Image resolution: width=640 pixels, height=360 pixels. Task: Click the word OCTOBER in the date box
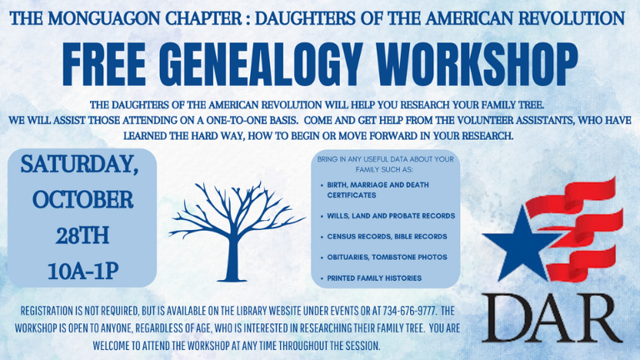coord(82,201)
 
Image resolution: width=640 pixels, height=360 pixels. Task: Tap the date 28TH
coord(82,237)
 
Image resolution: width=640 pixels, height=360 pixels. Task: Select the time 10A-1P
coord(82,271)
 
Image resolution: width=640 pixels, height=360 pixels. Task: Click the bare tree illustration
coord(237,227)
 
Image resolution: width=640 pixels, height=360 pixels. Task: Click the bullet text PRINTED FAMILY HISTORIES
coord(374,277)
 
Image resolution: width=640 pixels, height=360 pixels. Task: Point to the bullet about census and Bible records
coord(387,236)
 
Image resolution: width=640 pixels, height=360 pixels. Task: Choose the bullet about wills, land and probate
coord(391,215)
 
